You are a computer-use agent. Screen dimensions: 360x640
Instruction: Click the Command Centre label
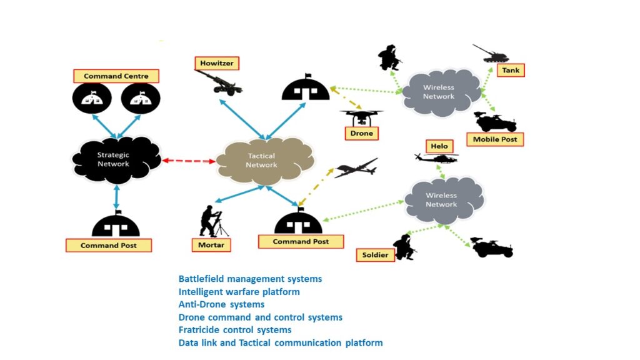116,76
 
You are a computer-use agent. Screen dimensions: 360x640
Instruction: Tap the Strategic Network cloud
114,159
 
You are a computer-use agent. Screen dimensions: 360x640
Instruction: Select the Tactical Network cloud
261,161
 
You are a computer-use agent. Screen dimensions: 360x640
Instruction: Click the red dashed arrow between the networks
189,161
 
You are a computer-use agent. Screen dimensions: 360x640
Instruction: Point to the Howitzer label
217,63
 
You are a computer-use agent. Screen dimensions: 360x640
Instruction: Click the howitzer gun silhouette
218,84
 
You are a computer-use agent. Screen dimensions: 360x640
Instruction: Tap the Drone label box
361,133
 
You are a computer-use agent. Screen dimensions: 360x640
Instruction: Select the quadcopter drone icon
361,116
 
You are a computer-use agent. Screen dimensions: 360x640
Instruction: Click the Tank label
511,70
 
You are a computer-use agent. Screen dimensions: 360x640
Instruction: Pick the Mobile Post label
495,139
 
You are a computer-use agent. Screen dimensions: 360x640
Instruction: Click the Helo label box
438,146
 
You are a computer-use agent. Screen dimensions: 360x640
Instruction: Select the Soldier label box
376,255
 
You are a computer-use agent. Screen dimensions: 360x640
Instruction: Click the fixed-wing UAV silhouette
356,168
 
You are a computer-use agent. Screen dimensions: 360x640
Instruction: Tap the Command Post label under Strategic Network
109,245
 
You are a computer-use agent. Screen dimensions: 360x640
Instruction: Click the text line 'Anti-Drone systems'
221,304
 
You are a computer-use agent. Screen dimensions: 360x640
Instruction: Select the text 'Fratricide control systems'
235,329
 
